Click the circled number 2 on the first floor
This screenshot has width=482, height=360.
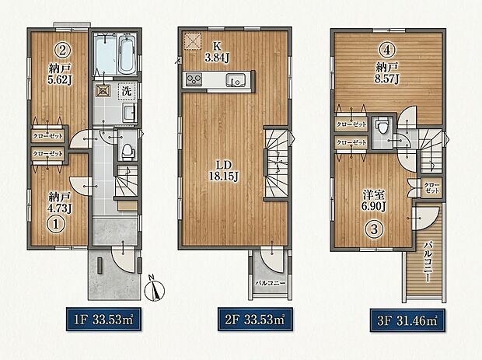click(62, 50)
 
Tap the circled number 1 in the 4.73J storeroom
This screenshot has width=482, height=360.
click(56, 224)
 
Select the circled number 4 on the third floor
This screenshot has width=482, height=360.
click(387, 50)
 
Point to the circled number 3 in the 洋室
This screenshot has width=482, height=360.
click(374, 229)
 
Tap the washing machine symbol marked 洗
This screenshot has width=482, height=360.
click(127, 91)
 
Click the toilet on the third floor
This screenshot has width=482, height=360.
click(382, 127)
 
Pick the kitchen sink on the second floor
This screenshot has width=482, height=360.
click(235, 80)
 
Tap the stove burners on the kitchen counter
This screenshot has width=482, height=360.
click(194, 80)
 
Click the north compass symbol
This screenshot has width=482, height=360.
click(155, 288)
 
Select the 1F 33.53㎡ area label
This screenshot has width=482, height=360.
click(104, 320)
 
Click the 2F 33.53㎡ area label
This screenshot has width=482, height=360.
click(255, 320)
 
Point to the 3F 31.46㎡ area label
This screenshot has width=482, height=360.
click(407, 320)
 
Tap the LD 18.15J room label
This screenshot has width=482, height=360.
click(224, 170)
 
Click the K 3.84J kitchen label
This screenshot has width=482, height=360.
click(218, 51)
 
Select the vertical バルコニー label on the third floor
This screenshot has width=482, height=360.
click(428, 261)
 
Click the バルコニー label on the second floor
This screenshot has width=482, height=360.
click(271, 283)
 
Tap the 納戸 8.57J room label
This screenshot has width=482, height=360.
click(386, 72)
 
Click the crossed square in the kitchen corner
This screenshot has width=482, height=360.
click(193, 42)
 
